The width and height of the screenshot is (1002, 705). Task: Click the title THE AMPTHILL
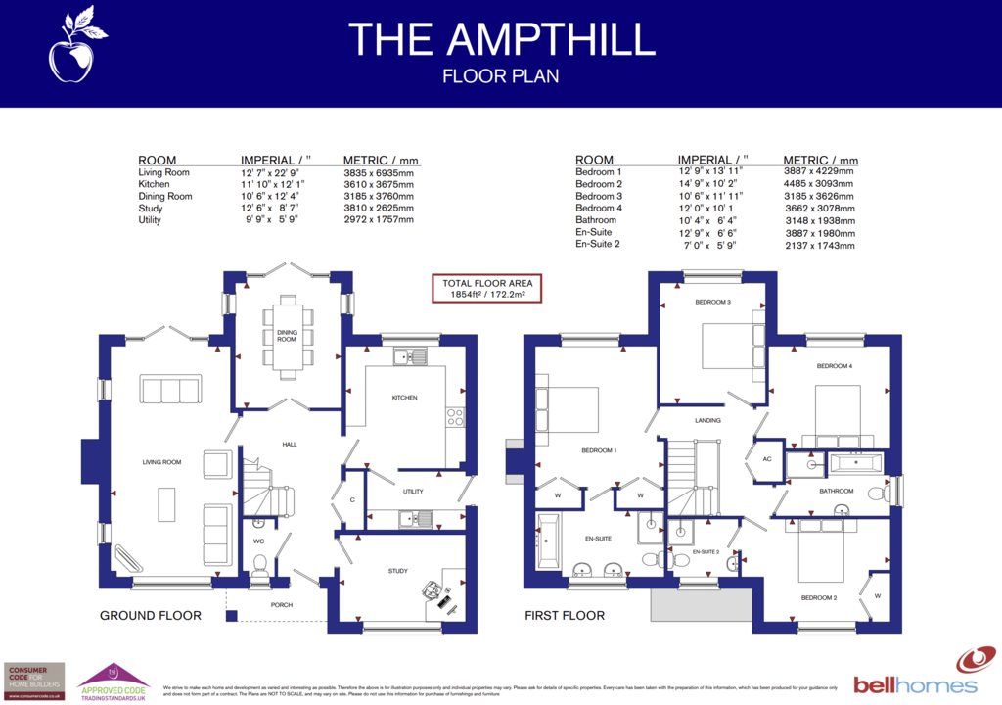pyautogui.click(x=500, y=39)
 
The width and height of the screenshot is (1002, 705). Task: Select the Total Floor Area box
pyautogui.click(x=486, y=288)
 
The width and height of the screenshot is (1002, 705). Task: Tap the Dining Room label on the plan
pyautogui.click(x=287, y=336)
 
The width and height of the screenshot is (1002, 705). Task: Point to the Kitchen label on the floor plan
pyautogui.click(x=405, y=398)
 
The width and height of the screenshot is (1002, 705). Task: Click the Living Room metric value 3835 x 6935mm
pyautogui.click(x=378, y=172)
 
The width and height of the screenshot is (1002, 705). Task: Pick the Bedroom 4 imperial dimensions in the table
pyautogui.click(x=711, y=209)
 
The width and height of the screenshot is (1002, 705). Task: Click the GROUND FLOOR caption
pyautogui.click(x=150, y=616)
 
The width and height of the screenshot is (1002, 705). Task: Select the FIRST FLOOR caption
pyautogui.click(x=564, y=616)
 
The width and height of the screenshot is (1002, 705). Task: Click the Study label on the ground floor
pyautogui.click(x=397, y=571)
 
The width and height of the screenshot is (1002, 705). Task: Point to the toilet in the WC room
pyautogui.click(x=259, y=565)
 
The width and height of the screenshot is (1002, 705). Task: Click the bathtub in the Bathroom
pyautogui.click(x=855, y=463)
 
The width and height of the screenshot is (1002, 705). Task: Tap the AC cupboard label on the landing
pyautogui.click(x=766, y=458)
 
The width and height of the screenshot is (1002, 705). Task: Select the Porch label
pyautogui.click(x=282, y=604)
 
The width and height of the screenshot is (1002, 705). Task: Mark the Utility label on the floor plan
pyautogui.click(x=413, y=491)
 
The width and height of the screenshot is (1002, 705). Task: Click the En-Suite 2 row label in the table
pyautogui.click(x=599, y=244)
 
